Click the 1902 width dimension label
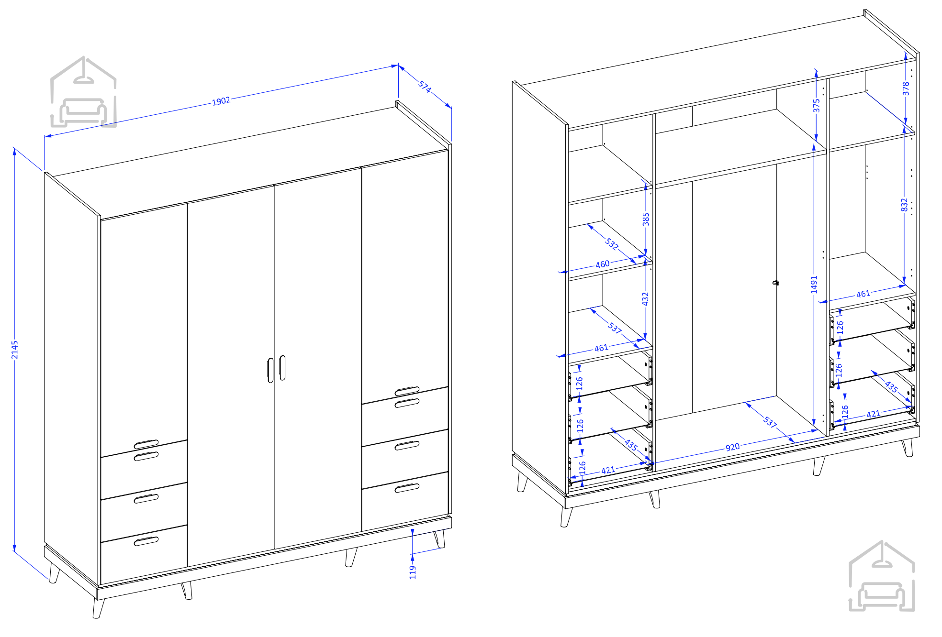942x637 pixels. click(221, 101)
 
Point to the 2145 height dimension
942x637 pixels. click(15, 349)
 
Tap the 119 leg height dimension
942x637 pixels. click(413, 572)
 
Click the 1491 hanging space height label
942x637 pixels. click(814, 285)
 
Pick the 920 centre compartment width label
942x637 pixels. click(732, 447)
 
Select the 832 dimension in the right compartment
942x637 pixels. click(904, 205)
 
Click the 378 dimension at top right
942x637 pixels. click(906, 88)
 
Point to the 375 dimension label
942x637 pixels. click(817, 105)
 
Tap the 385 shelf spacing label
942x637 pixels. click(646, 219)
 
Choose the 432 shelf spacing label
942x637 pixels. click(645, 299)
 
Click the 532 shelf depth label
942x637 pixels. click(612, 243)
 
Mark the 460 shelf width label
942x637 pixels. click(603, 264)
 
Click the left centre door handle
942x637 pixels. click(270, 370)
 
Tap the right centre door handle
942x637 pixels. click(282, 368)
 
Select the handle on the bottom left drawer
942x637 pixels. click(146, 541)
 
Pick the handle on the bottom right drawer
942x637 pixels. click(407, 488)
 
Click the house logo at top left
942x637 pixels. click(83, 92)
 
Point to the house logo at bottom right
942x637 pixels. click(882, 576)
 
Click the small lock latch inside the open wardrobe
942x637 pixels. click(775, 283)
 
